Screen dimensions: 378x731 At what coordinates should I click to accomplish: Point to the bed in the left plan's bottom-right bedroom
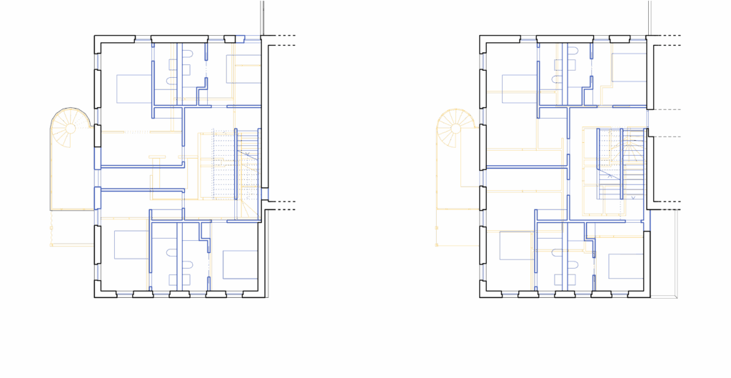click(239, 264)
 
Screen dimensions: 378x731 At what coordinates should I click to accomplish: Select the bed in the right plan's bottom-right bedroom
click(625, 266)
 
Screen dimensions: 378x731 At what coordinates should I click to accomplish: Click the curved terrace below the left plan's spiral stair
click(71, 179)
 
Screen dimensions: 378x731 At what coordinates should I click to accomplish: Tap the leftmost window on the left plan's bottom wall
click(122, 294)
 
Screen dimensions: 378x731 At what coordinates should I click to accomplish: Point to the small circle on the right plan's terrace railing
click(436, 227)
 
